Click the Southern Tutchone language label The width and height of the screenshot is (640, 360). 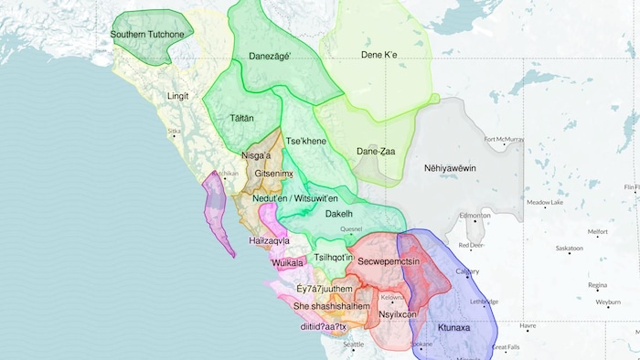click(x=147, y=35)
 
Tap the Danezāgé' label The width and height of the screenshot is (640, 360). click(x=269, y=57)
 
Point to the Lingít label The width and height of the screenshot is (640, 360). click(x=177, y=95)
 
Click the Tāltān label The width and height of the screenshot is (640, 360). click(x=242, y=119)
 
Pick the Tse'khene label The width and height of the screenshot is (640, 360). click(x=306, y=142)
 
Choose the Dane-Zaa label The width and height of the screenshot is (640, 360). click(x=375, y=152)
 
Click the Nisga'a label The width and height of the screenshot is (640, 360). click(x=256, y=156)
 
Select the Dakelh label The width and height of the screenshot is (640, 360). click(x=339, y=214)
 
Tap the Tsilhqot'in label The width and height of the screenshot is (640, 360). click(x=334, y=259)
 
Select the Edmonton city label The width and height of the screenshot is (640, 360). click(x=476, y=216)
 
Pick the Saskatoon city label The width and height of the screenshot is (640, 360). click(x=569, y=249)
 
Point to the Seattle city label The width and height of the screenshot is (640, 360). click(x=353, y=344)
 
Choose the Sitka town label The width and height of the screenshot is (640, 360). click(x=174, y=132)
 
